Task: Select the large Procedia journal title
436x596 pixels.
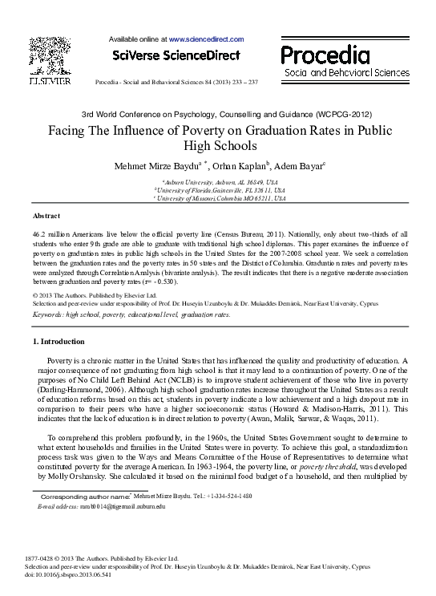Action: pos(325,55)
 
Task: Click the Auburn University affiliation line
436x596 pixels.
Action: pos(218,182)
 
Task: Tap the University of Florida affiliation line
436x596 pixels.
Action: pos(218,190)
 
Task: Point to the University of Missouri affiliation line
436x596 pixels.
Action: pos(218,197)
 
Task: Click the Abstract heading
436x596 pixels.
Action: pos(46,217)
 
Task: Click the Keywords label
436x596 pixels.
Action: pos(49,314)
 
